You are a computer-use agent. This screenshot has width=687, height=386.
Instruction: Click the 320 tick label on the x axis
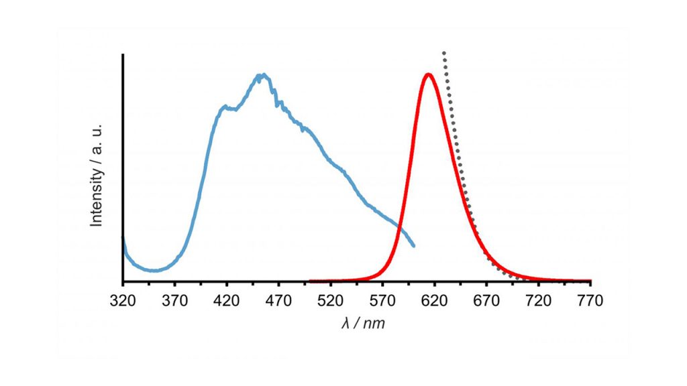(123, 301)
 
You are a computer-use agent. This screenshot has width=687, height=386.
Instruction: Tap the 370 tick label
(175, 301)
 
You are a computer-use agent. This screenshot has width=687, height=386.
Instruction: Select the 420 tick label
(227, 301)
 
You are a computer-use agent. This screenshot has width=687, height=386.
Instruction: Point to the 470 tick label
(278, 301)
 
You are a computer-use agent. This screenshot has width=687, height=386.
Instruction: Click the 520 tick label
(330, 301)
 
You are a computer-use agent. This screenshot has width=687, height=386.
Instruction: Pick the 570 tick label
(382, 301)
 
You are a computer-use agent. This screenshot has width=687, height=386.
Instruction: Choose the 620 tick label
(435, 301)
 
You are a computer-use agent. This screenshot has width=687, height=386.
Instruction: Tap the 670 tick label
(486, 301)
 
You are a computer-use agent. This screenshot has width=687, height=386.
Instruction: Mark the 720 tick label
(539, 301)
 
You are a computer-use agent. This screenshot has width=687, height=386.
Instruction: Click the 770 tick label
(590, 301)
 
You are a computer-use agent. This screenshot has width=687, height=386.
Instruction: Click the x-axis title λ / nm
(363, 324)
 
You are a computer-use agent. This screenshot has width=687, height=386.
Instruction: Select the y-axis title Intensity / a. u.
(97, 175)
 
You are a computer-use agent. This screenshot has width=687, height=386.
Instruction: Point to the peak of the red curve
(429, 74)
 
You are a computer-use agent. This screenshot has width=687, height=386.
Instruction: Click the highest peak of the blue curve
(263, 75)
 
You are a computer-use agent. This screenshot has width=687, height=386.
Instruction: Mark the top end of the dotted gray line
(444, 53)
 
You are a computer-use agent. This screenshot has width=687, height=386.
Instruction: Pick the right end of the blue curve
(413, 246)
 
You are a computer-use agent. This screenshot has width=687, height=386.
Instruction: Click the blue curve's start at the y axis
(123, 239)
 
